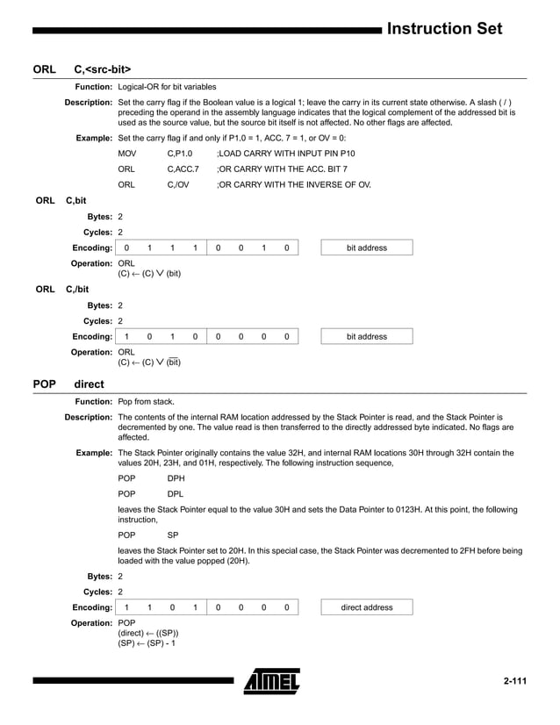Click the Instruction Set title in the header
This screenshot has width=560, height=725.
click(x=444, y=28)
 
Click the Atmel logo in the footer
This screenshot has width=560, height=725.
click(x=271, y=681)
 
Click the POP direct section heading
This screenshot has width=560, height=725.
click(x=68, y=384)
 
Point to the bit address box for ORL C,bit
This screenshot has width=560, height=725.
click(x=366, y=248)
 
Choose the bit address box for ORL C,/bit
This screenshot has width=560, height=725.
click(x=366, y=336)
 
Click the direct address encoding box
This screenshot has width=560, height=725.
click(x=366, y=607)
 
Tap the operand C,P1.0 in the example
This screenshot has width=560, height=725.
click(x=180, y=153)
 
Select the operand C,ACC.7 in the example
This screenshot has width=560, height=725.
click(x=183, y=169)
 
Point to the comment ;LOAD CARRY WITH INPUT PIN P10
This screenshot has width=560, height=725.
click(x=285, y=153)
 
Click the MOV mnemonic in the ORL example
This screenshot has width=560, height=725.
click(x=127, y=153)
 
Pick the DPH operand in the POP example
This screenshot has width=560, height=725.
click(x=176, y=478)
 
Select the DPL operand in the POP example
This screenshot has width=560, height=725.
click(x=176, y=494)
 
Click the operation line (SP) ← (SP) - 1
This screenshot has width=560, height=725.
click(x=147, y=643)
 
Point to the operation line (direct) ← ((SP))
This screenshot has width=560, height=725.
click(x=148, y=633)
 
